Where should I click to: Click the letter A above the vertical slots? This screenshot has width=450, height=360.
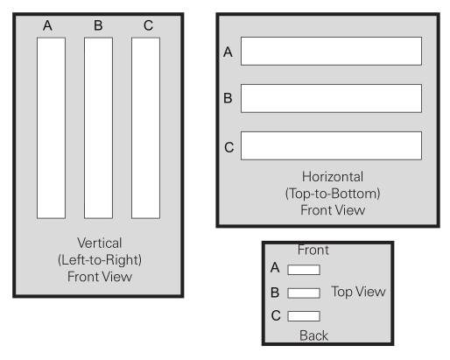point(47,25)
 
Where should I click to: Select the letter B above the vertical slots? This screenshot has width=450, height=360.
point(98,25)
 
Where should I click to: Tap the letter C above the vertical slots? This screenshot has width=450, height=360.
point(148,25)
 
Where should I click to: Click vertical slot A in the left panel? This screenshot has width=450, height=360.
point(51,128)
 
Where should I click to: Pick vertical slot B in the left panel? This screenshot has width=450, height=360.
point(98,128)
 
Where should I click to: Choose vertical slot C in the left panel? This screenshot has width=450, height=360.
point(145,128)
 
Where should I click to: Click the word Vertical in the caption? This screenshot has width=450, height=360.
point(100,243)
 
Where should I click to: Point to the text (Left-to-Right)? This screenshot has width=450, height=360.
point(100,260)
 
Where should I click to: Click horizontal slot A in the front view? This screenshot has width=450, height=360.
point(331,51)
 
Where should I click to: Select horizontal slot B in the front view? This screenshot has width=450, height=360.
point(331,98)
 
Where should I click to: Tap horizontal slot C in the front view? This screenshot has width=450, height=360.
point(331,145)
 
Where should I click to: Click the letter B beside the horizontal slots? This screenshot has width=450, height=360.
point(228,98)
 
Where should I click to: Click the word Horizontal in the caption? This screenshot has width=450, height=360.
point(333,177)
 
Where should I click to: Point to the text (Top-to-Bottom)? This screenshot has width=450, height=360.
point(333,194)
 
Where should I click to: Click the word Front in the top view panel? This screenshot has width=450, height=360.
point(313,250)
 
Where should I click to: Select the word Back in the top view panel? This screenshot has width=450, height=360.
point(313,335)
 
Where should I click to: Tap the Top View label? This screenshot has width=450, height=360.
point(358,292)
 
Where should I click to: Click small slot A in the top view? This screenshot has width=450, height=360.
point(304,270)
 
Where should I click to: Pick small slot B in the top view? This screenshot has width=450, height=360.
point(304,293)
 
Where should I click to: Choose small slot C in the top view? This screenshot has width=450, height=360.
point(304,316)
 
